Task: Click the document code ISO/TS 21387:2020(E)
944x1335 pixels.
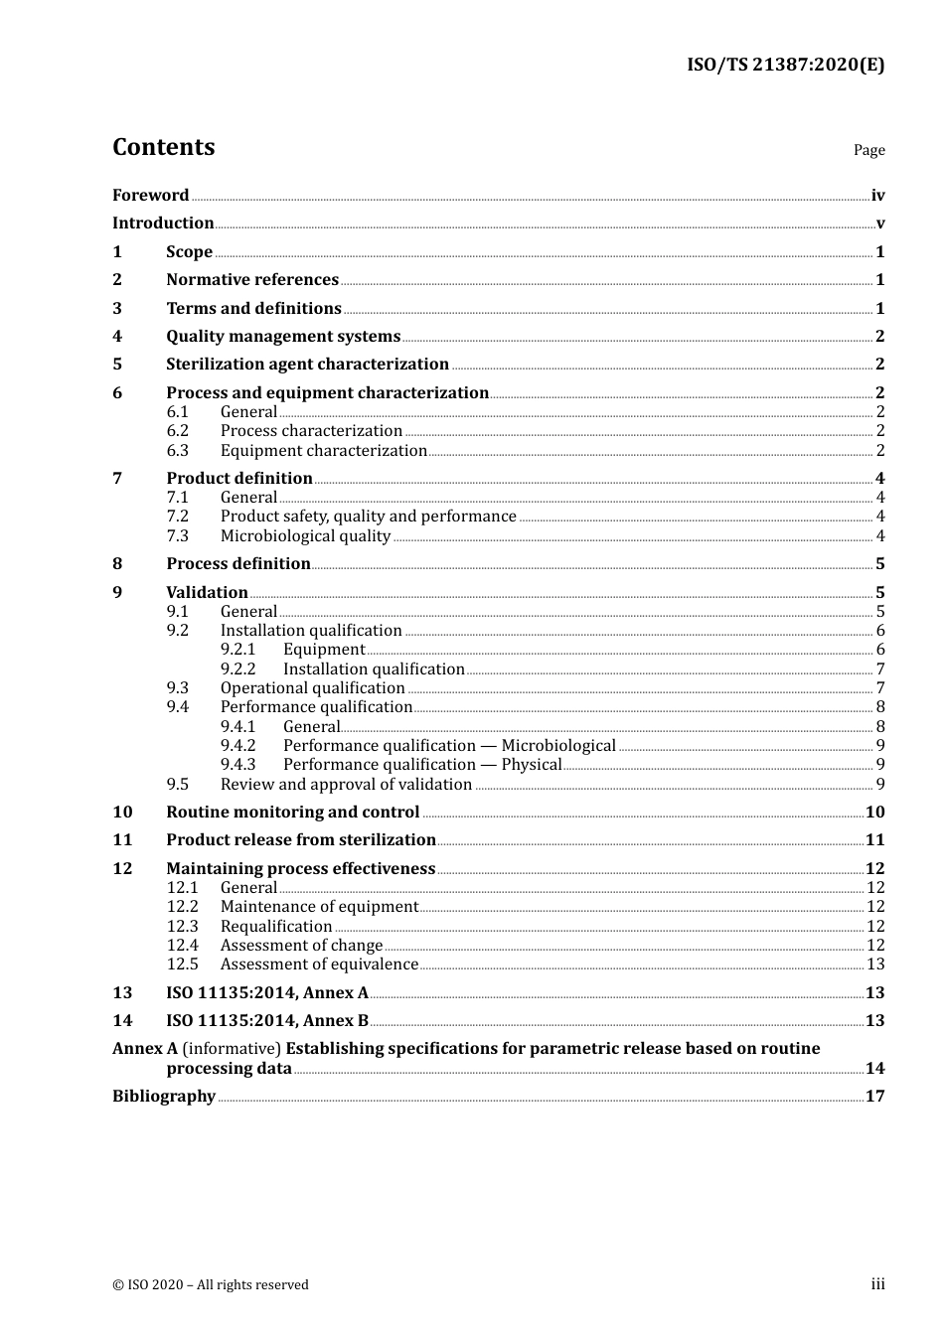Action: (x=785, y=66)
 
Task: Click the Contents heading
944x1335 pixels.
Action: (x=163, y=147)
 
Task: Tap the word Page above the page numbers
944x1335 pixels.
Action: (x=868, y=150)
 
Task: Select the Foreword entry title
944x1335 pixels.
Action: (x=150, y=195)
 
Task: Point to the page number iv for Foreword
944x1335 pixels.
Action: (x=877, y=196)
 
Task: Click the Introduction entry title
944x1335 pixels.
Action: (x=163, y=223)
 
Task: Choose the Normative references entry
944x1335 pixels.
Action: (x=252, y=280)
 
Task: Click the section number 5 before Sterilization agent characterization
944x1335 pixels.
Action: (x=117, y=365)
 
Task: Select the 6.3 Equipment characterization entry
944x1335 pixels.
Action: (x=323, y=451)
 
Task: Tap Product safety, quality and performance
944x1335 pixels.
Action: (x=368, y=517)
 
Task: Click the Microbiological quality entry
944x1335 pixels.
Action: (x=305, y=536)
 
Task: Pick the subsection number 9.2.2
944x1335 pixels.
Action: (x=237, y=669)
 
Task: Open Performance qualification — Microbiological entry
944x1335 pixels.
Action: (x=449, y=746)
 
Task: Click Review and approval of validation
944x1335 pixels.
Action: (x=346, y=785)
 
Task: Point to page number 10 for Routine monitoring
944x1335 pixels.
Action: (x=874, y=813)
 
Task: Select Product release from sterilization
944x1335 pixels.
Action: (x=301, y=840)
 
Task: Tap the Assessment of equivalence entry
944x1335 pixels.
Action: (x=319, y=964)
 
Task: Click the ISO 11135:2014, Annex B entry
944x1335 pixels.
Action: (x=267, y=1021)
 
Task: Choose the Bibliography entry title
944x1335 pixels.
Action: (x=164, y=1097)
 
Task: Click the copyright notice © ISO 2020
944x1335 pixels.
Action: (x=210, y=1285)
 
